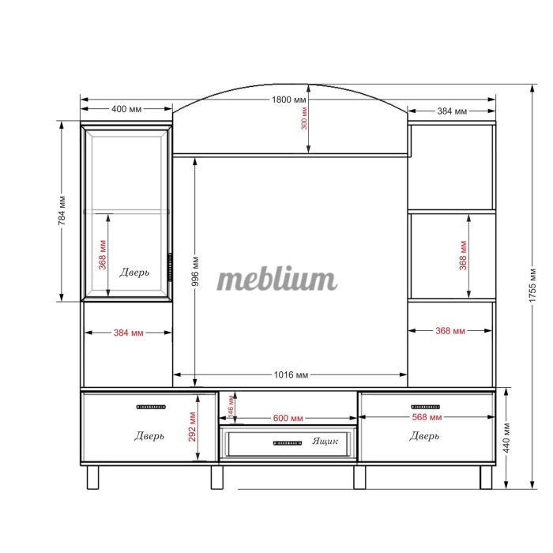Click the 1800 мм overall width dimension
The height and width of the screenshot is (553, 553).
[289, 100]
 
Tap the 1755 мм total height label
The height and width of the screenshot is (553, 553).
[532, 285]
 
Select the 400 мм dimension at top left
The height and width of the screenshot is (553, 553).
[126, 109]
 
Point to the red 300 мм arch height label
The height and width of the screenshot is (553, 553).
[304, 118]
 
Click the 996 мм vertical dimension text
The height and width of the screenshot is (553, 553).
[196, 271]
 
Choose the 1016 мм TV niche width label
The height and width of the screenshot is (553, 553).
[291, 374]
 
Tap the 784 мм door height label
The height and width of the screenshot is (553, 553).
[62, 211]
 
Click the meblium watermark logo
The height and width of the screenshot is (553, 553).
[276, 279]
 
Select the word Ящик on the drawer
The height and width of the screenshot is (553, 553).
[325, 441]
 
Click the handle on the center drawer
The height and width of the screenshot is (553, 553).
[288, 443]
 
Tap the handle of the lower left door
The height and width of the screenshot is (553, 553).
[151, 407]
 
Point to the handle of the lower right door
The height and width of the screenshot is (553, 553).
[426, 407]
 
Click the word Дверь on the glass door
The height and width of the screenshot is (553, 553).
[134, 273]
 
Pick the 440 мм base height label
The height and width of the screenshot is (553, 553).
[506, 438]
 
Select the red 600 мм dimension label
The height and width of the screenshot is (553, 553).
[288, 418]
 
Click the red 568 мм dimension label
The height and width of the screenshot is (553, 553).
[427, 417]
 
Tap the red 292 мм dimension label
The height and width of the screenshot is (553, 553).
[192, 427]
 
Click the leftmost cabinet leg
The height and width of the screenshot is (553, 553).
[92, 477]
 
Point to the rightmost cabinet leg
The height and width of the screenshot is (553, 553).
[486, 477]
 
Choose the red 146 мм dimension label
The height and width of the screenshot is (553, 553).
[231, 406]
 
